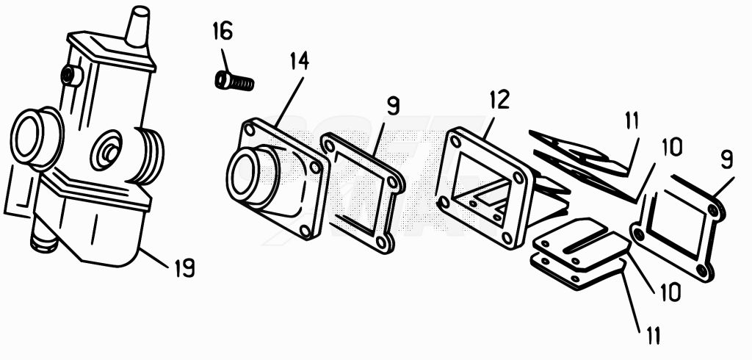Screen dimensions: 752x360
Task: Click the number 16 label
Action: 223,31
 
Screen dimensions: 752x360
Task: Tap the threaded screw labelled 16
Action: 234,80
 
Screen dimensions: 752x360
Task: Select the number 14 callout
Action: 300,62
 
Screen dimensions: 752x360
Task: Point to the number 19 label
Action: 184,268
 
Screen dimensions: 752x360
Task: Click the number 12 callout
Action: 499,100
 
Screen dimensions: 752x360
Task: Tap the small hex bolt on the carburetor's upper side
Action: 71,76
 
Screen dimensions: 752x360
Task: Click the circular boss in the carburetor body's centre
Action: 108,150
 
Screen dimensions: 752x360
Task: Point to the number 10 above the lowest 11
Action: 670,292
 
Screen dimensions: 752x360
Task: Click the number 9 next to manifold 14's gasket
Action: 393,106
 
